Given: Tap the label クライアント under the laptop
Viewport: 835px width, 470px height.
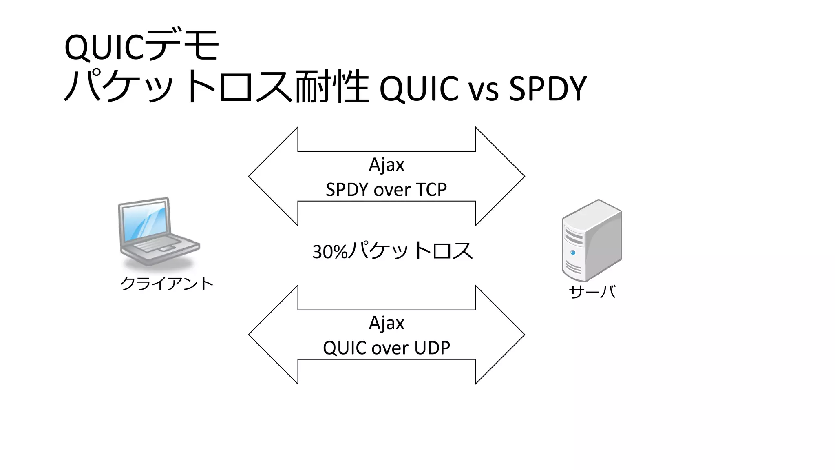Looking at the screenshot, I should tap(167, 283).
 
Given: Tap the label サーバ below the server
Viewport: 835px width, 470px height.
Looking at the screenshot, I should tap(592, 292).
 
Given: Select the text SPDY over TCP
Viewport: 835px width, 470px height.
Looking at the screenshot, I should tap(386, 190).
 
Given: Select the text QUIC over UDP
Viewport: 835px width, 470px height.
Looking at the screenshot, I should tap(386, 348).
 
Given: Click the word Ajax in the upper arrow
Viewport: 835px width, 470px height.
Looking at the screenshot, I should tap(386, 165).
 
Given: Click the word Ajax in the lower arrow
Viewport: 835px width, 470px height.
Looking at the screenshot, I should tap(386, 323).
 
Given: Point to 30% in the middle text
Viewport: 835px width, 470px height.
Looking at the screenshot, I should tap(329, 252).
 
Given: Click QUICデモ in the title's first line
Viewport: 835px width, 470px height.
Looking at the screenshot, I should tap(141, 46).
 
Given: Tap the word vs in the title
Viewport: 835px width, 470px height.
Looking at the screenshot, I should tap(483, 89).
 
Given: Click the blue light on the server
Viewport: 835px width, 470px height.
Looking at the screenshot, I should tap(573, 253).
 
